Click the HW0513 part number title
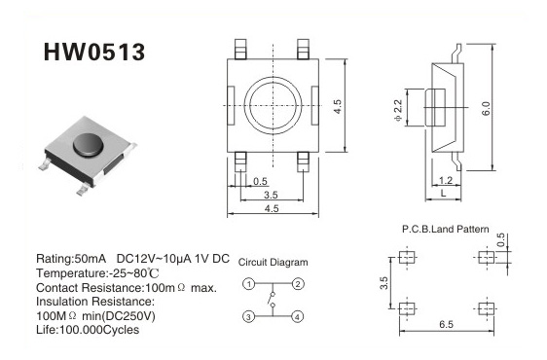(93, 53)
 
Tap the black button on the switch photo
(89, 144)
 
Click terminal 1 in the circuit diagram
(249, 284)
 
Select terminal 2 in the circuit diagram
(298, 284)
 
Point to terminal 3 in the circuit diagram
(249, 317)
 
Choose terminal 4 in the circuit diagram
(298, 317)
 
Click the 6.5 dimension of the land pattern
(446, 325)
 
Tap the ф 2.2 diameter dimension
(398, 110)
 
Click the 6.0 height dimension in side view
(486, 109)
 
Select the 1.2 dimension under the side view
(446, 180)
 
